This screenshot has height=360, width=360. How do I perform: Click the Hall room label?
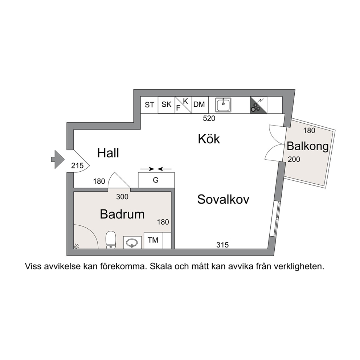point(108,153)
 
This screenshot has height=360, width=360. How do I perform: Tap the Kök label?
point(209,139)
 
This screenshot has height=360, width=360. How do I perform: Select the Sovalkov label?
point(223,199)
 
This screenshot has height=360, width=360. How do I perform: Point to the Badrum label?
point(122,214)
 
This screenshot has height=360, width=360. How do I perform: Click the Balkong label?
point(308,147)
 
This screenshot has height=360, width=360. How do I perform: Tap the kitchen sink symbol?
point(223,105)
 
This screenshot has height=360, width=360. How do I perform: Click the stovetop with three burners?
point(258,105)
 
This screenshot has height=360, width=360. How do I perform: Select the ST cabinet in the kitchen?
point(149,105)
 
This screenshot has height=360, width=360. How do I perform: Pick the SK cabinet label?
point(167,105)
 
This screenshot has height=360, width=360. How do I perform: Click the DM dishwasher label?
point(199,105)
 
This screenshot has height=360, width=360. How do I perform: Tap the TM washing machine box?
point(153,240)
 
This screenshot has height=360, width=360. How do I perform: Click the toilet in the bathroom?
point(111,240)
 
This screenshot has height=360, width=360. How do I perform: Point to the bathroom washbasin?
point(132,243)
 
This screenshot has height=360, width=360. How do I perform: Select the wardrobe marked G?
point(156,180)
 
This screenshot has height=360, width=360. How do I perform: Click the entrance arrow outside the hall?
point(58,159)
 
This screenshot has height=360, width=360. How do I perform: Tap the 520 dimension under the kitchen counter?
point(209,118)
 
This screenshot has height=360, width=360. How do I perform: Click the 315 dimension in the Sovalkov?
point(222,245)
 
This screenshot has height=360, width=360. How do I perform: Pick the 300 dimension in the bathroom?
point(122,197)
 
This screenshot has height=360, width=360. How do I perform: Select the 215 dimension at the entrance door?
point(77,165)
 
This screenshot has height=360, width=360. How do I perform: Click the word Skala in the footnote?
point(161,267)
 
